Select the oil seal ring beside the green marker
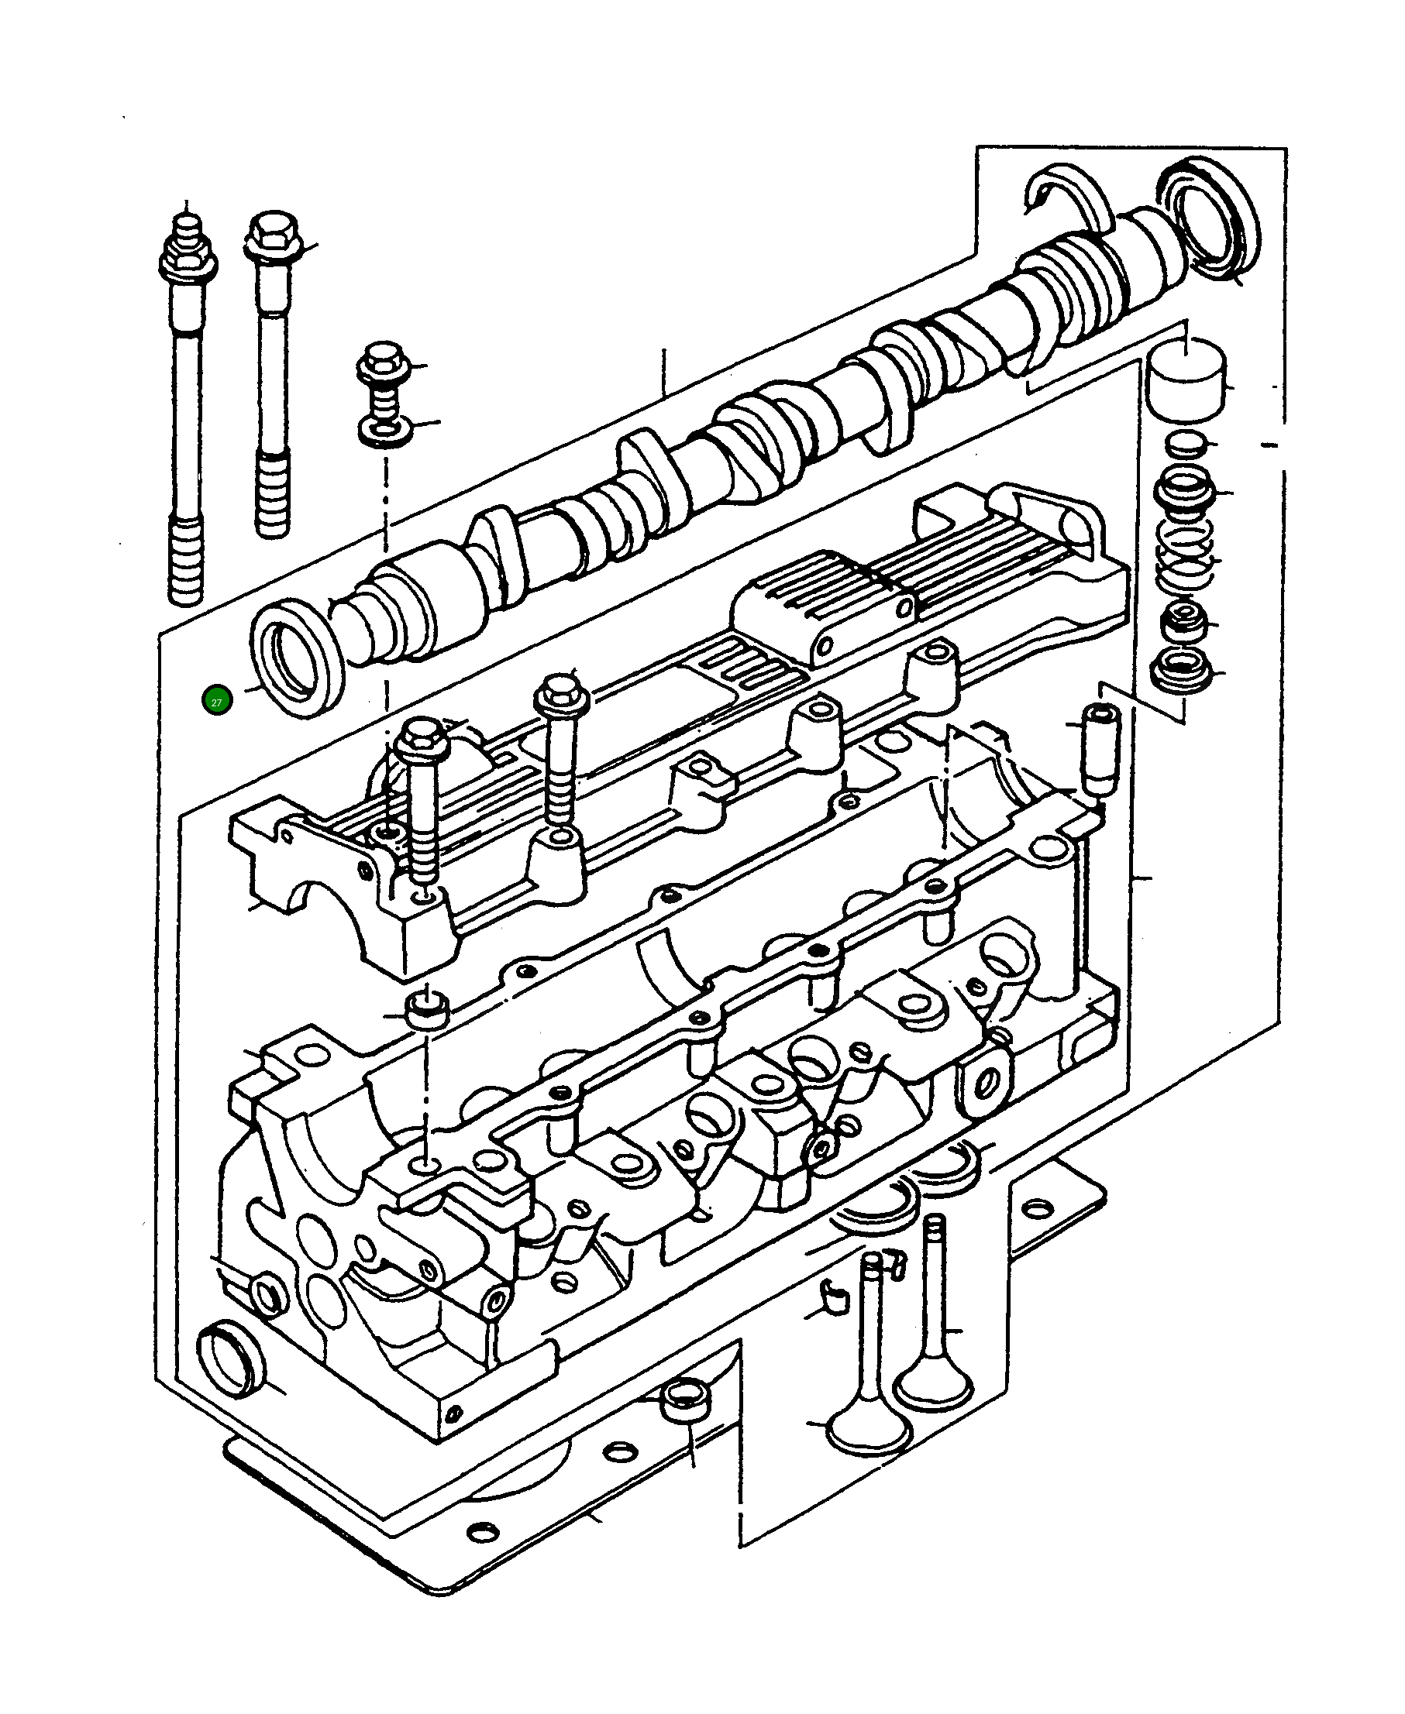point(297,658)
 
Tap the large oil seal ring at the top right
point(1209,221)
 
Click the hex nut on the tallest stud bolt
point(186,257)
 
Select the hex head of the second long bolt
point(274,235)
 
